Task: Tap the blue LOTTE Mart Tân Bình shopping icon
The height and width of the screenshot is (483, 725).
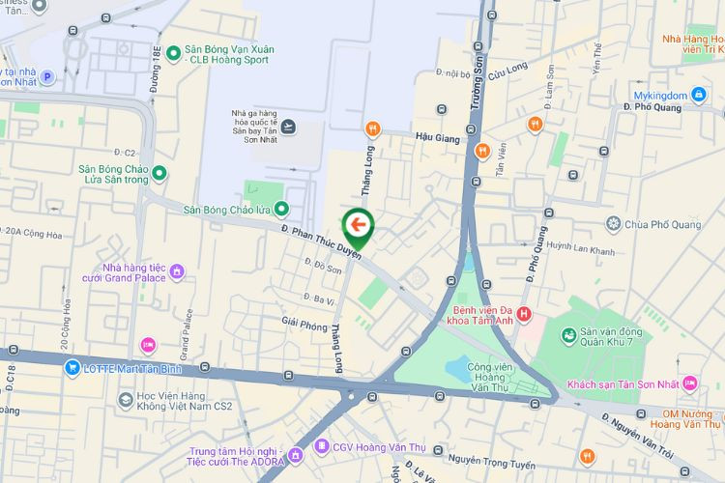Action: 72,368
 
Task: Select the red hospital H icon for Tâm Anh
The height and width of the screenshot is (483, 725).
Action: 524,314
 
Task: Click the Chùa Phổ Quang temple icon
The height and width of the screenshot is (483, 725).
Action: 613,225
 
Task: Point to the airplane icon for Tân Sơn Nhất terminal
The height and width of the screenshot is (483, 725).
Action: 287,127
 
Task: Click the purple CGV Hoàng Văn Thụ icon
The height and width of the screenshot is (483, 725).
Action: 322,446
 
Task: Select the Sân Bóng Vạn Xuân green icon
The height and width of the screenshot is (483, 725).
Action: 174,52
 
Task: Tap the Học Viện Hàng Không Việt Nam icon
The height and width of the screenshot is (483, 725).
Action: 126,400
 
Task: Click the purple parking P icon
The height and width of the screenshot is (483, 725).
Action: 45,76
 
